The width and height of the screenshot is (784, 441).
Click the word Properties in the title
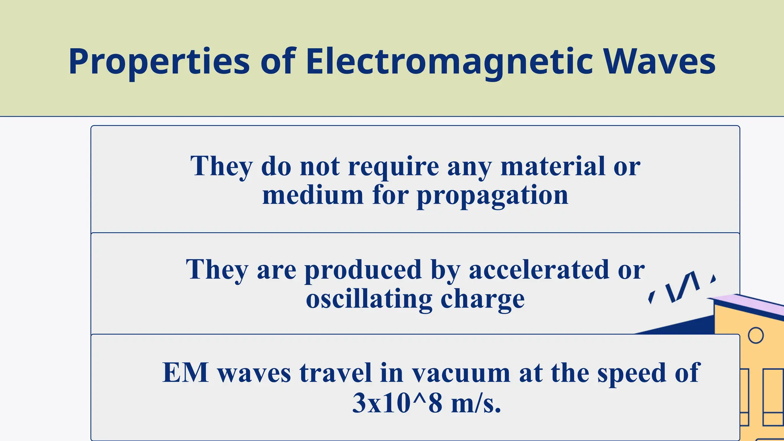(159, 62)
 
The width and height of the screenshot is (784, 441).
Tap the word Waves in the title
(659, 62)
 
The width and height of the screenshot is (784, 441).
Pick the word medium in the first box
(313, 195)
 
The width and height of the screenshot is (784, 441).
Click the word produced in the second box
(363, 270)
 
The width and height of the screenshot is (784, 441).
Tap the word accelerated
(539, 269)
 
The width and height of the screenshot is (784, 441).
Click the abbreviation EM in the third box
(186, 372)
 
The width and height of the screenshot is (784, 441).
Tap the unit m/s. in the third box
(476, 403)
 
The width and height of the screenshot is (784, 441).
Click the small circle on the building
(755, 335)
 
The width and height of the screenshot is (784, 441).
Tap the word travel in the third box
(335, 372)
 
